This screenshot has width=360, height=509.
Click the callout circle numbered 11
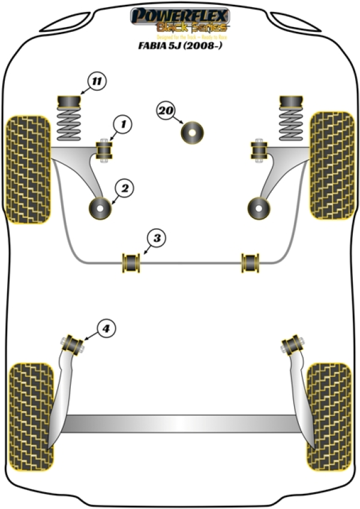pos(97,80)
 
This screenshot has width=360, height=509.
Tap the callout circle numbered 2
pos(124,188)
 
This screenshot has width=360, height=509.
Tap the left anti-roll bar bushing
pos(131,262)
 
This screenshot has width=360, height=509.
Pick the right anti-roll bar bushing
pos(250,262)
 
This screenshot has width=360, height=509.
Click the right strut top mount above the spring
pos(290,98)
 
